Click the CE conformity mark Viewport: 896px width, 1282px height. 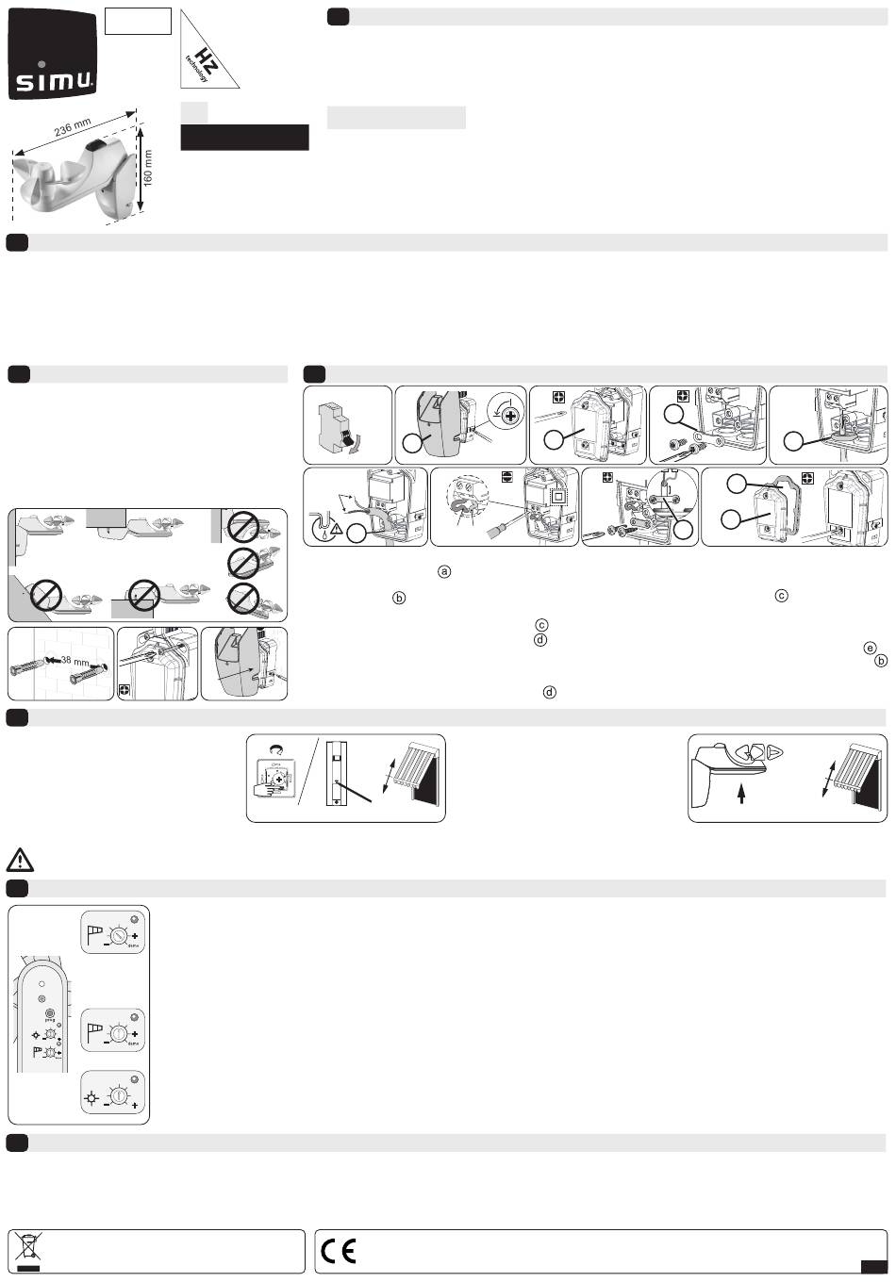pos(338,1252)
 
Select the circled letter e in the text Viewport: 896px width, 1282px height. pos(869,647)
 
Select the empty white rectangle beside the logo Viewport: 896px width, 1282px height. pos(138,22)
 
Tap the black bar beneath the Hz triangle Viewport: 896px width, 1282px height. pos(244,138)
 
